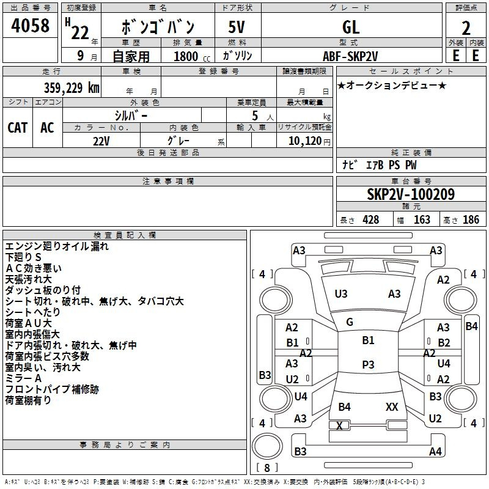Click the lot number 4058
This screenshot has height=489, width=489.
31,26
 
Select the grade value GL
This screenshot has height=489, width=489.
351,28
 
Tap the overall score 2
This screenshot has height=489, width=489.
466,29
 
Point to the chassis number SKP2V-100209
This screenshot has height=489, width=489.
411,194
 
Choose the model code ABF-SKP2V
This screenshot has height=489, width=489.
350,56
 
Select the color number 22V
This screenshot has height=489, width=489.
101,140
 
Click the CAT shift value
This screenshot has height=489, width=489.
18,127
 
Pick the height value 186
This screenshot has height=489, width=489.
471,220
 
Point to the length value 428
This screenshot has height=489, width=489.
370,220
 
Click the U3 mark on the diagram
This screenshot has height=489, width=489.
341,294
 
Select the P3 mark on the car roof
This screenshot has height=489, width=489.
368,364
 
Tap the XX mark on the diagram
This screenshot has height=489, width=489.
392,406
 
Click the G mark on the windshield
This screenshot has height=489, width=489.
350,322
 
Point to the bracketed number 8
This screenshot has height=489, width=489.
267,468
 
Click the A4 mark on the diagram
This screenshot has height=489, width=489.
435,452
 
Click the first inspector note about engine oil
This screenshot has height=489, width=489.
57,246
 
